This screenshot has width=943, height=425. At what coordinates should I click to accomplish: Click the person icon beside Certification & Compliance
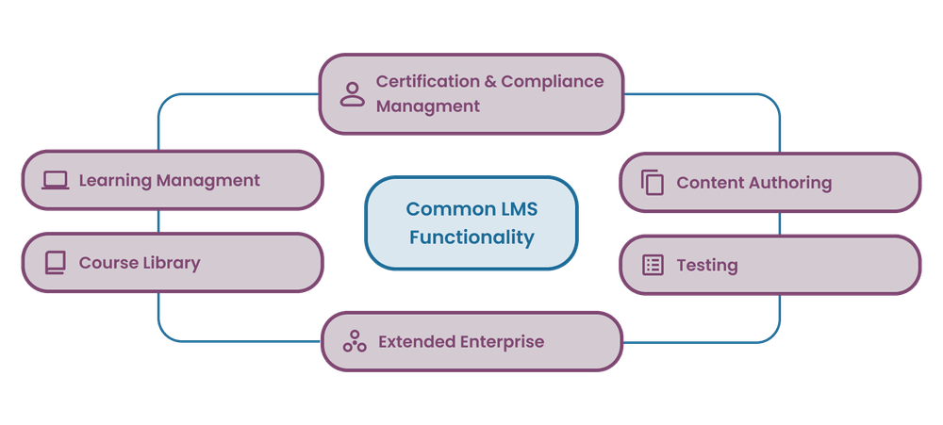click(x=353, y=93)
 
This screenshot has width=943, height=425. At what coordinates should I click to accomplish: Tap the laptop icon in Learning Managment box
click(x=56, y=180)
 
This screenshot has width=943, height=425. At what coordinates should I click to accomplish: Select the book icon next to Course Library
click(x=56, y=262)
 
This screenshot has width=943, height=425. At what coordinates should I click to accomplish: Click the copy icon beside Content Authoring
click(x=653, y=183)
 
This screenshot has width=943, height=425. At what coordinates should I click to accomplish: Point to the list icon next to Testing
click(x=653, y=265)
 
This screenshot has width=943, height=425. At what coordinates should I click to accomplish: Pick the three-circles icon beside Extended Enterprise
click(x=355, y=341)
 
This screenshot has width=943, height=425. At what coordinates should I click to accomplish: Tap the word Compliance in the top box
click(x=552, y=81)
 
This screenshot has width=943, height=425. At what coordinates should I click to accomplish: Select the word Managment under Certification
click(x=427, y=106)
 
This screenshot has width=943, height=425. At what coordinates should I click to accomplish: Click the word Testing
click(x=706, y=265)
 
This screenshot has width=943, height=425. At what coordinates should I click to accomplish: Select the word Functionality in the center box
click(x=471, y=237)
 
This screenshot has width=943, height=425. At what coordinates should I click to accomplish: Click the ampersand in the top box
click(x=489, y=81)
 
